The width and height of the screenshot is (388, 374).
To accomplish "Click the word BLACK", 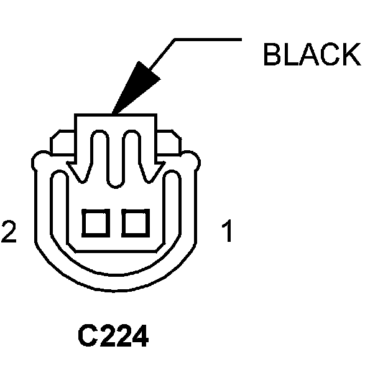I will point(312,54).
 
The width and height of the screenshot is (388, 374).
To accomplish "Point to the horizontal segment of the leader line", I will point(208,41).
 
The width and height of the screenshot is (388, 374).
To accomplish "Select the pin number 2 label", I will point(9,232).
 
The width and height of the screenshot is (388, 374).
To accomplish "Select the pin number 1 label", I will point(228,232).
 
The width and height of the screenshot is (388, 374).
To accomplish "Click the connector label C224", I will point(113,337).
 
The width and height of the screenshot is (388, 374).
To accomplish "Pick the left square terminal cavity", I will point(96,223).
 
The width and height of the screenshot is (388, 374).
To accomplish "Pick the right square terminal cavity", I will point(134,223).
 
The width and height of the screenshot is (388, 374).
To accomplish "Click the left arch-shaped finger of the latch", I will point(100,150).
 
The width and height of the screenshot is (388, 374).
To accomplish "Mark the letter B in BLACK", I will point(272,54).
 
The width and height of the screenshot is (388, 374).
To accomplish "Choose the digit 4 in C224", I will point(140,337).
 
